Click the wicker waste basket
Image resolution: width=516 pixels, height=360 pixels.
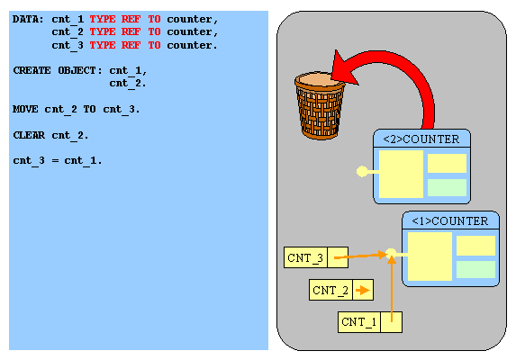(319, 105)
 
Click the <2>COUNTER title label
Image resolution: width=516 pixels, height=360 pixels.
(421, 139)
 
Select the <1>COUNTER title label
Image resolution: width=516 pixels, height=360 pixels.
(450, 220)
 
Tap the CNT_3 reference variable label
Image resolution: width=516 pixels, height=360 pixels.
(305, 257)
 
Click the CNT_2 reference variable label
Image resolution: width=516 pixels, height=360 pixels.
(330, 290)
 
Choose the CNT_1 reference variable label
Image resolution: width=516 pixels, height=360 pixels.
(358, 321)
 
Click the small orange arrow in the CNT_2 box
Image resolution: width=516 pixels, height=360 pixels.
(363, 290)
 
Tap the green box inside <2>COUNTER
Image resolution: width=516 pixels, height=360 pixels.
(447, 187)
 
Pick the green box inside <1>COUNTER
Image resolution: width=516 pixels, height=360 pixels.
(475, 270)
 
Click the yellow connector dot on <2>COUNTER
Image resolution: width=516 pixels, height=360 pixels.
(362, 171)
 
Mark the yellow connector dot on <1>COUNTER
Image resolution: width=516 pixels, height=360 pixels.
(391, 254)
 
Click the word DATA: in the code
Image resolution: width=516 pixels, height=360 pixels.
(28, 19)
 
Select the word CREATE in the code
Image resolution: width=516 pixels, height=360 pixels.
(32, 71)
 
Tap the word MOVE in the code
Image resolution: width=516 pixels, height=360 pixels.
(25, 109)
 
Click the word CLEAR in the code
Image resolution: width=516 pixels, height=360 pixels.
(29, 135)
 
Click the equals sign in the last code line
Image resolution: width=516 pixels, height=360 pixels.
(55, 161)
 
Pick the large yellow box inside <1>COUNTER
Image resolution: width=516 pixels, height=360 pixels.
(430, 256)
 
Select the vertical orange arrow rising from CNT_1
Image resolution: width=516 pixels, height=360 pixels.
(392, 289)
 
